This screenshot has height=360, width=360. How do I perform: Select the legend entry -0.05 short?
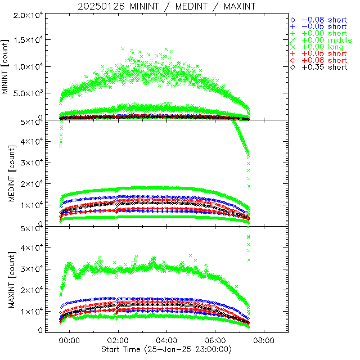click(x=324, y=26)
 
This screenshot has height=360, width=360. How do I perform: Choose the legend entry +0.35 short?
click(x=324, y=67)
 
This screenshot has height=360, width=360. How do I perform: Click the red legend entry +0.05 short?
click(x=324, y=53)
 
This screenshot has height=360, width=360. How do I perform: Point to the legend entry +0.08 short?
click(x=324, y=60)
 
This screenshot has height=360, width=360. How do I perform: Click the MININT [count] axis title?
click(x=6, y=67)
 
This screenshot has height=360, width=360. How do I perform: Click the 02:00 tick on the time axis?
click(x=118, y=340)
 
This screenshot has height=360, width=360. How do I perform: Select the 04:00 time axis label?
click(x=166, y=340)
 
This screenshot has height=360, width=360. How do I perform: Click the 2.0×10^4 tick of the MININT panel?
click(x=27, y=14)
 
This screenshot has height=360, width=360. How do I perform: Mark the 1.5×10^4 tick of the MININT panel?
click(x=27, y=40)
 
